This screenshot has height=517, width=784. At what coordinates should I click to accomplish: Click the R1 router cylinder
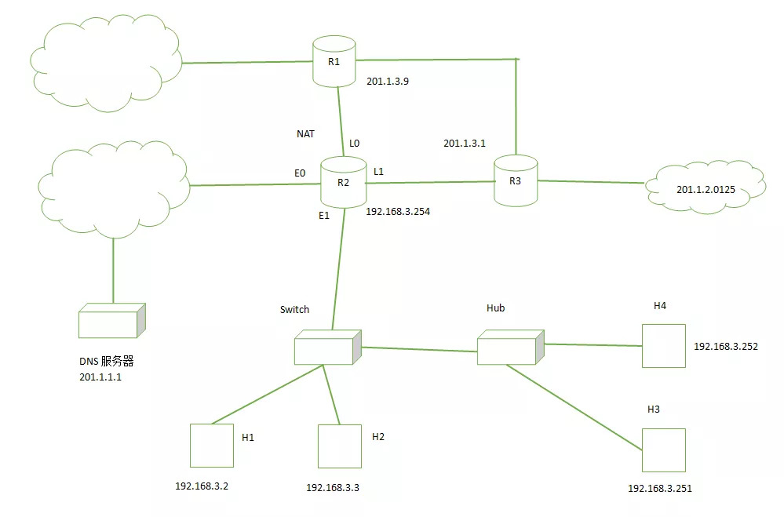[x=334, y=61]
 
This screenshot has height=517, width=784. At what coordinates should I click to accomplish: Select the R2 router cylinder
[x=343, y=182]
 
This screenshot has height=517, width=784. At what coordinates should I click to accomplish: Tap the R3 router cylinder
[x=516, y=180]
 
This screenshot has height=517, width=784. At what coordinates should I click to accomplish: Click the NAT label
[x=305, y=134]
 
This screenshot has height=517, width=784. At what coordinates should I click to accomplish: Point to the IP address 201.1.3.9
[x=388, y=81]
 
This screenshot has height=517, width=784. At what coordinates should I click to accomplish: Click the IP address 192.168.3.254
[x=398, y=212]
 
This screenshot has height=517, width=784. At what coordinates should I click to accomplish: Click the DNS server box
[x=112, y=320]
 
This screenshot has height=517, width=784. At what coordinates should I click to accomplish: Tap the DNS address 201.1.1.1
[x=100, y=377]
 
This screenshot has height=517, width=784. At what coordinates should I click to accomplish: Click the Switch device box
[x=328, y=347]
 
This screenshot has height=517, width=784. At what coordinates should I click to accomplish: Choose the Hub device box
[x=510, y=347]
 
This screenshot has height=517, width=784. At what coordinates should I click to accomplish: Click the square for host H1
[x=212, y=446]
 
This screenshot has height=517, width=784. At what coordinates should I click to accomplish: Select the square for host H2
[x=340, y=446]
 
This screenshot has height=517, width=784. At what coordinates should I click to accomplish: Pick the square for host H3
[x=663, y=450]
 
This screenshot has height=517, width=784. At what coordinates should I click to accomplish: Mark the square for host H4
[x=663, y=346]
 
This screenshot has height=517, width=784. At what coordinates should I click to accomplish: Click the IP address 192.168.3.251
[x=660, y=489]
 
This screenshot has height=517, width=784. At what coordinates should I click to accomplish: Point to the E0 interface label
[x=300, y=173]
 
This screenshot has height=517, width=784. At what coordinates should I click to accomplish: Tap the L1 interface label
[x=378, y=172]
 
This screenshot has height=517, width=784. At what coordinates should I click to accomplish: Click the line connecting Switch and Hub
[x=419, y=349]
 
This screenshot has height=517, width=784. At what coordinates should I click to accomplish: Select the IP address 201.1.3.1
[x=465, y=143]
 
